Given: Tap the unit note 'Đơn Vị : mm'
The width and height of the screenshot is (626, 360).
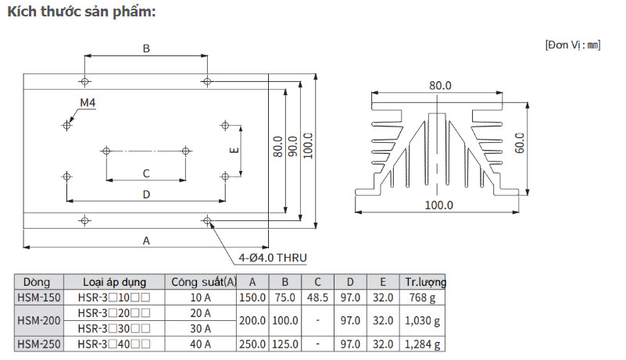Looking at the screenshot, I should [572, 45].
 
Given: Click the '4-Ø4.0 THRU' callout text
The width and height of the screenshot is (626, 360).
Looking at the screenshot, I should [274, 257].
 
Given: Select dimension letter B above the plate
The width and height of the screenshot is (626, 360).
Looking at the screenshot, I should [146, 48].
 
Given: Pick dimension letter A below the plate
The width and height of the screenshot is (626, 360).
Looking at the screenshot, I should [146, 241].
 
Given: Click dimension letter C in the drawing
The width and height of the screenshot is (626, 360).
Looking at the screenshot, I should [146, 173].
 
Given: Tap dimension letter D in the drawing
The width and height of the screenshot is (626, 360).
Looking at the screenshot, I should [146, 194].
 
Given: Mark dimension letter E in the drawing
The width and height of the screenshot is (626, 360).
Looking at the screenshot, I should [233, 152].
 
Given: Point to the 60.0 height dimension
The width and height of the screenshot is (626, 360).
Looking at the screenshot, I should [520, 143].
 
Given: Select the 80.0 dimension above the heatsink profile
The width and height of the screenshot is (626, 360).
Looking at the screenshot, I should [440, 85].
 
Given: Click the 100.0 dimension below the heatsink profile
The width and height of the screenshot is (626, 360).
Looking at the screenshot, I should [440, 205].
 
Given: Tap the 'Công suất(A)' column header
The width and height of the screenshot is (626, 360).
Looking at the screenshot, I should [204, 282].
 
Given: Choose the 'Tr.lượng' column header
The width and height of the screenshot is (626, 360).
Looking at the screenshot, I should [424, 282].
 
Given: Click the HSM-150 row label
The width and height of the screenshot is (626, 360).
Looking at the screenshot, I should [38, 297].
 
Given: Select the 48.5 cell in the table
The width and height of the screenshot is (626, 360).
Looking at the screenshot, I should [318, 297].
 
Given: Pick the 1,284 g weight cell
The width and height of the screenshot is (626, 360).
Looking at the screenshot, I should [424, 344].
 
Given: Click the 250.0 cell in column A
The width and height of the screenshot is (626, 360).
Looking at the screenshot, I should [252, 344].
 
